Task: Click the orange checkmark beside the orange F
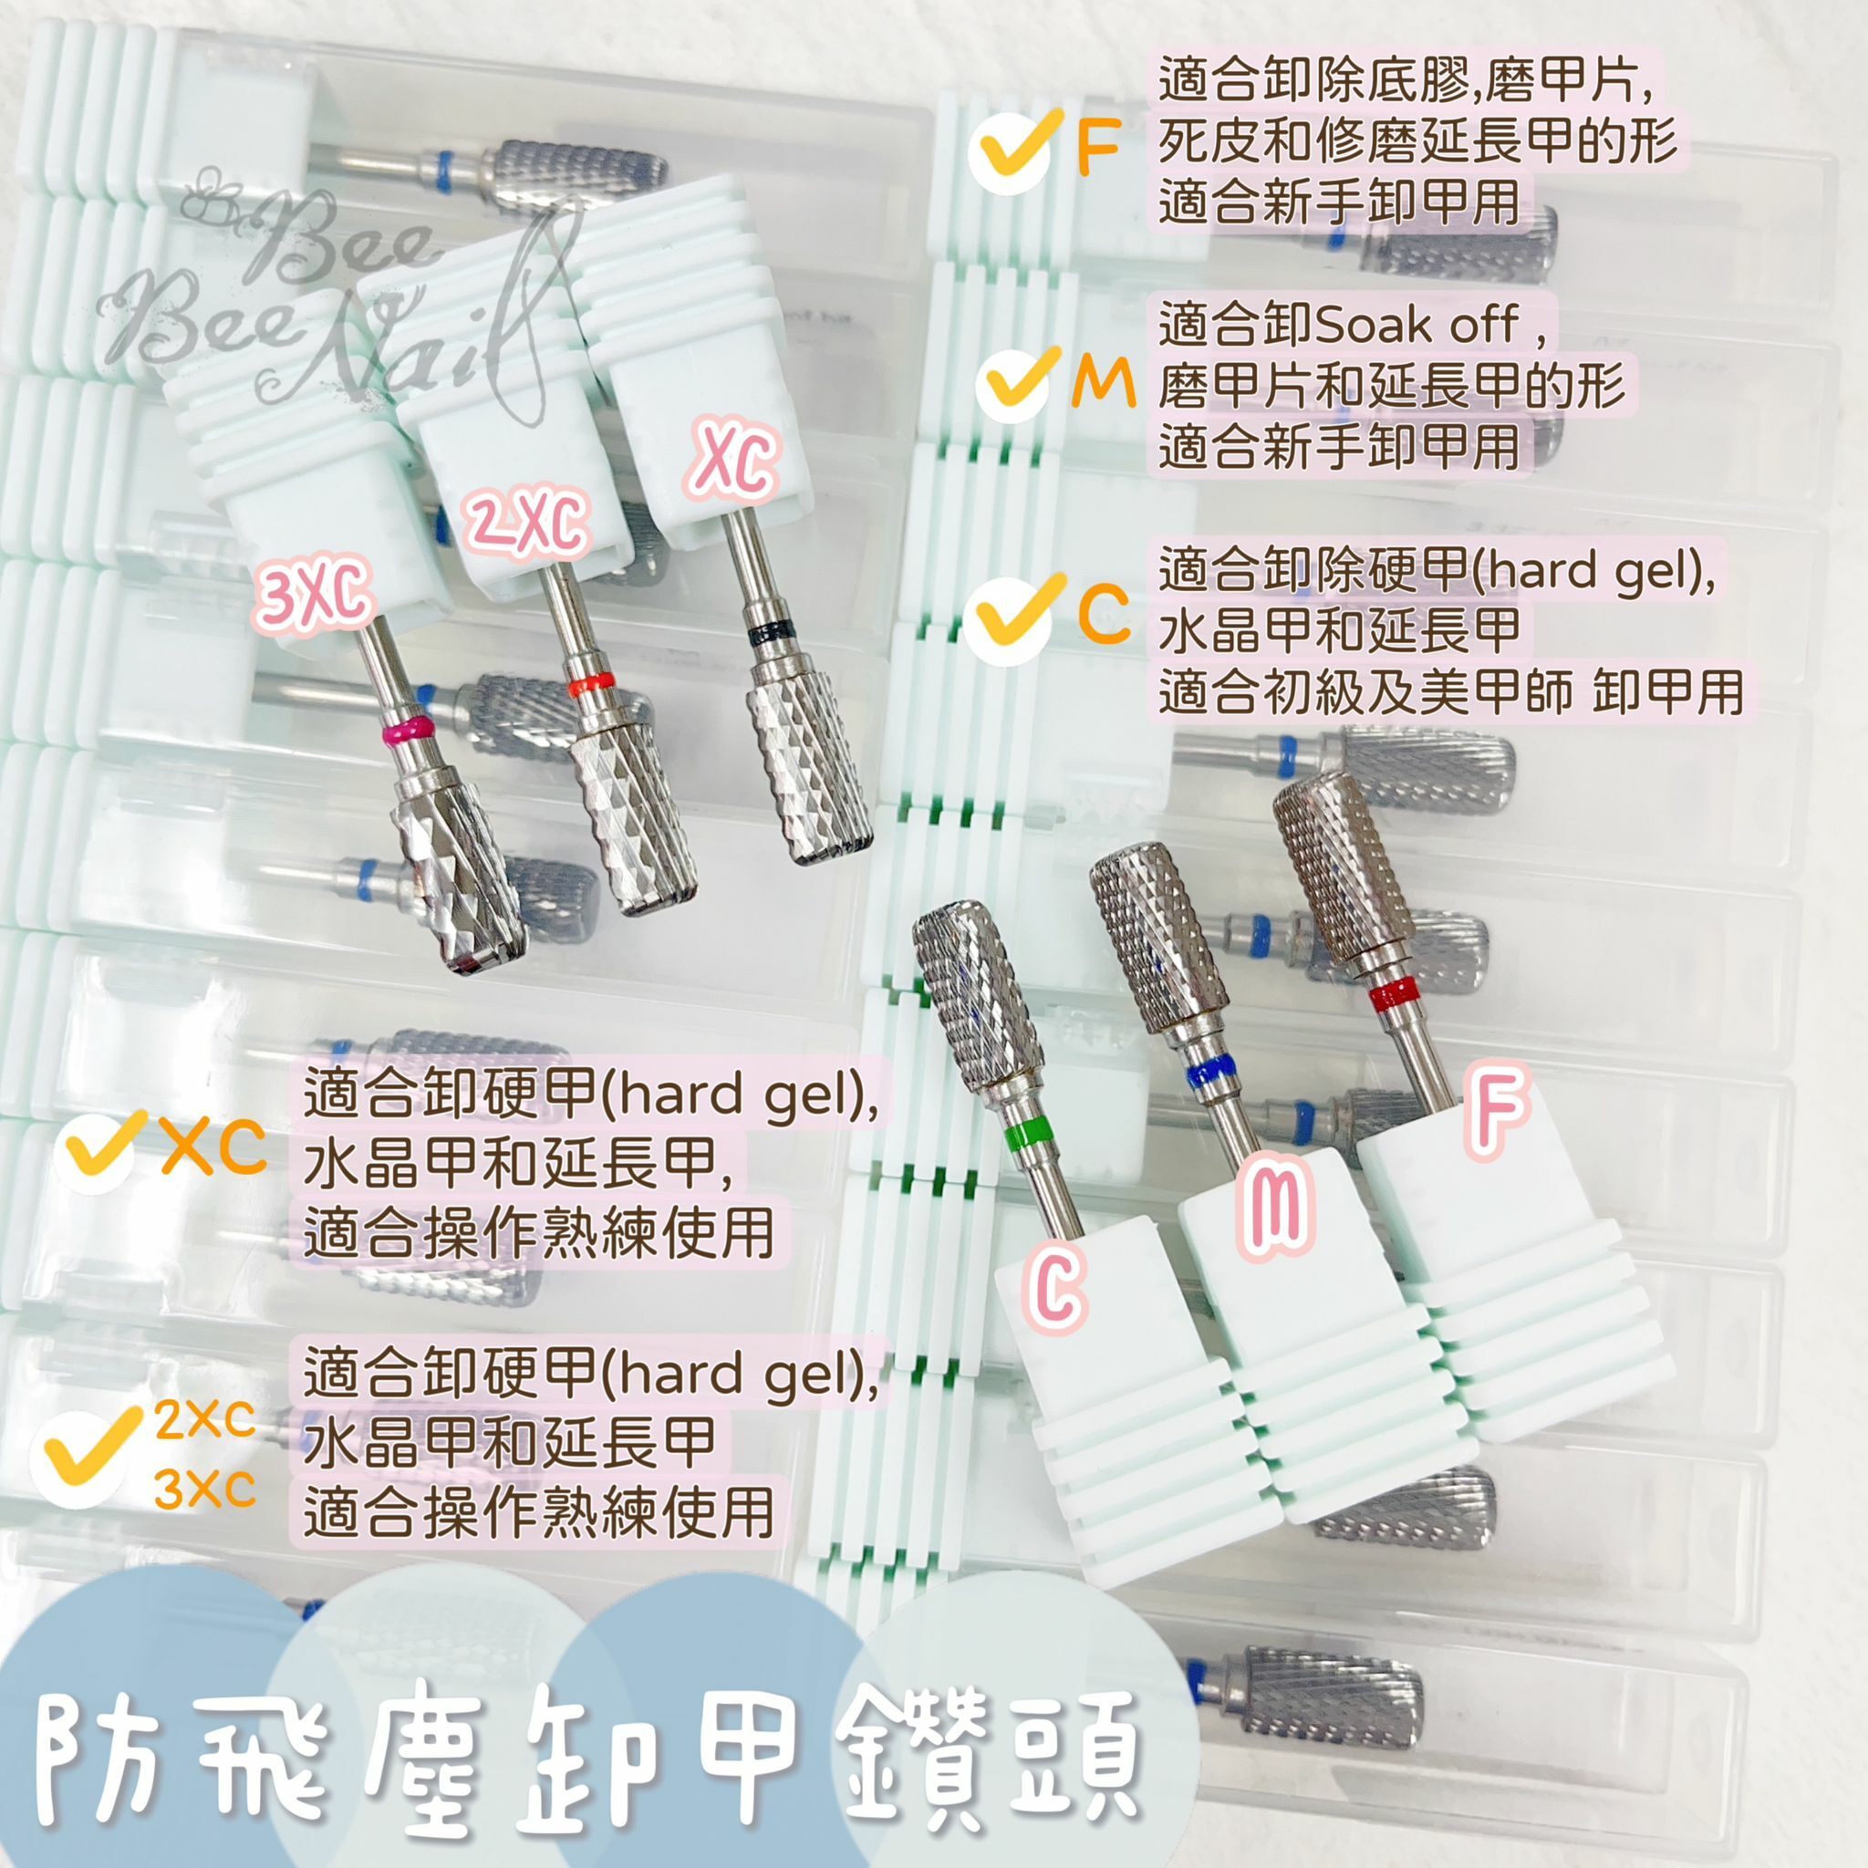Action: click(x=1013, y=148)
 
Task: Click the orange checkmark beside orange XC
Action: click(x=98, y=1148)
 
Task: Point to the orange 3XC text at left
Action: click(x=205, y=1493)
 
